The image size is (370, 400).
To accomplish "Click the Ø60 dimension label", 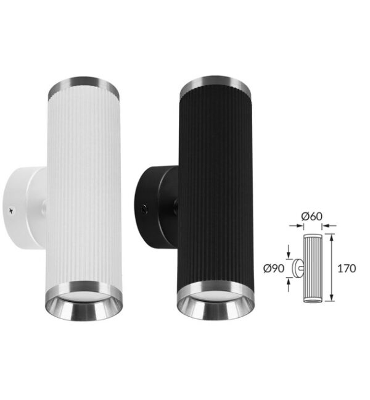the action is coord(311,216).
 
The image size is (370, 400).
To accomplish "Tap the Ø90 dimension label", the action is coord(274,269).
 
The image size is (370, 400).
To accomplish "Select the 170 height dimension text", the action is coord(347,269).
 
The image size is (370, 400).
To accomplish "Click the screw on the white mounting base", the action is coord(12,210).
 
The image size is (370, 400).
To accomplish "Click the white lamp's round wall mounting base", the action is coord(24,208).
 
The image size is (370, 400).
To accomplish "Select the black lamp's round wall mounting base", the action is coord(157,207).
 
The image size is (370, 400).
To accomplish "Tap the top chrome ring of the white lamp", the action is coord(84,87).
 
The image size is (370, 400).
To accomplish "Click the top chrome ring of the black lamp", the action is coord(215,86).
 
